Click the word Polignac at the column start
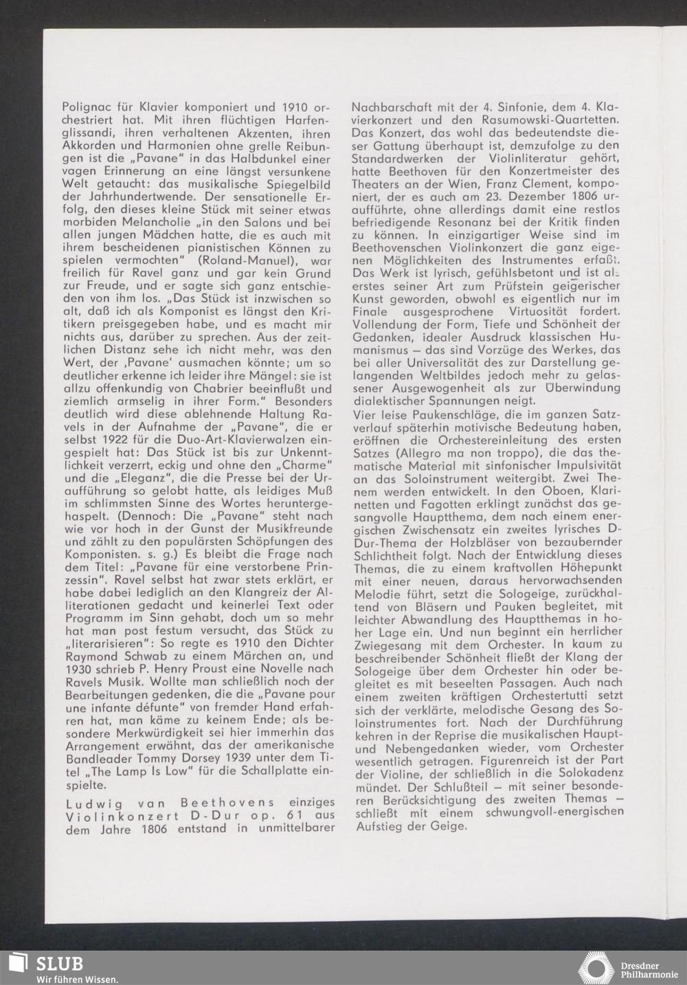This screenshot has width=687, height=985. (85, 107)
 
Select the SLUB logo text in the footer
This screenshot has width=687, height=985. (60, 963)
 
